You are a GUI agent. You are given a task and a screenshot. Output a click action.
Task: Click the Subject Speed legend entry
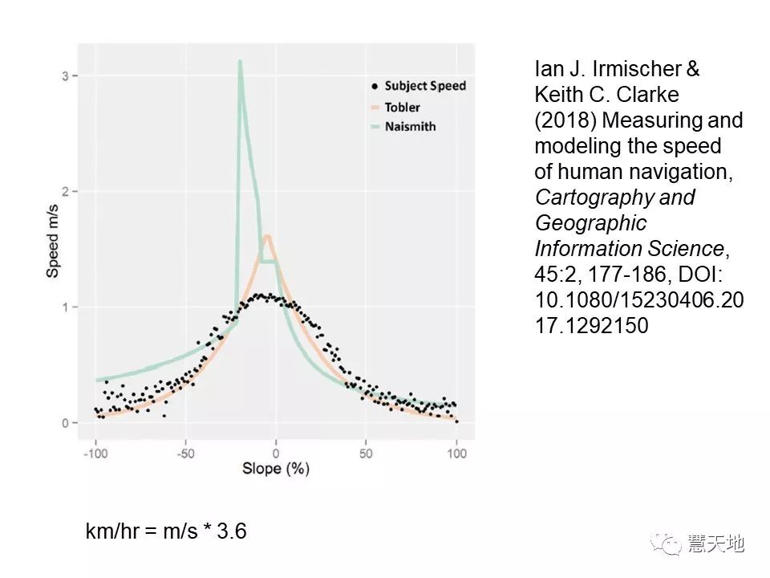point(424,86)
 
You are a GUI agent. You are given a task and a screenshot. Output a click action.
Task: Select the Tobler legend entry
point(402,107)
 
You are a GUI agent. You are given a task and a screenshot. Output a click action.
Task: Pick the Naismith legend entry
point(409,127)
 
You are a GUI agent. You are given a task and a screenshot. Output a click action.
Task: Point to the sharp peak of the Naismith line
point(240,61)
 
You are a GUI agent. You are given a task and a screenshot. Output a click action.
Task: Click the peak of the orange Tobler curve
point(267,236)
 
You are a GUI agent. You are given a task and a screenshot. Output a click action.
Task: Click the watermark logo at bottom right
point(666,543)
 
